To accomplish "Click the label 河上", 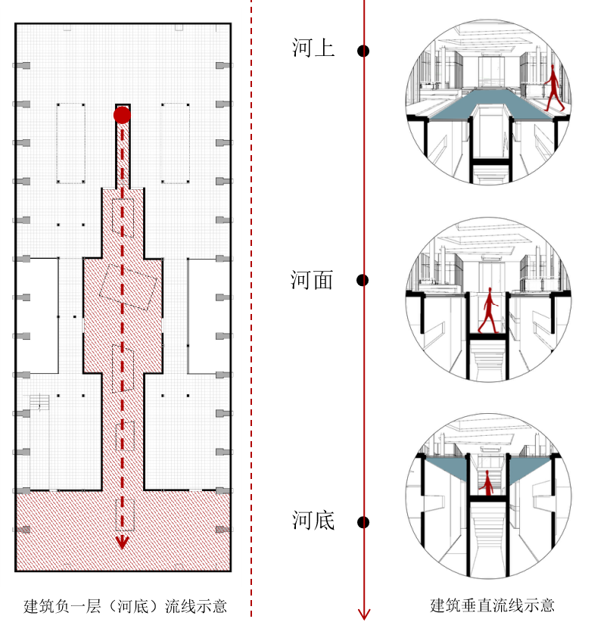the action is tap(313, 48).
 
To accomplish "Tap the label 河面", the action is tap(312, 280).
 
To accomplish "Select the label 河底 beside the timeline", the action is tap(313, 520).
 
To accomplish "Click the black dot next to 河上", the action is tap(363, 51).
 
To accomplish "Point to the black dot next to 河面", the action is tap(363, 280).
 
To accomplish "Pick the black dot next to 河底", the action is tap(363, 522).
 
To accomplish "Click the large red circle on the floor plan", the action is tap(122, 115).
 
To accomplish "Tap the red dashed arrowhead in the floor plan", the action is tap(122, 543).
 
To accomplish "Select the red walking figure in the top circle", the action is tap(553, 88).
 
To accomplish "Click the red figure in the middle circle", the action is tap(489, 310).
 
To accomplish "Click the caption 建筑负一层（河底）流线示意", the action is tap(125, 606).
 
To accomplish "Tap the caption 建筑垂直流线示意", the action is tap(492, 605).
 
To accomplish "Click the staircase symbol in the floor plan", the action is tap(39, 403).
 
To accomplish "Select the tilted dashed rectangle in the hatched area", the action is tap(128, 287).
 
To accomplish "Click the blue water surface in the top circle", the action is tap(491, 104).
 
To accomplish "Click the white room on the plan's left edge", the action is tap(37, 316).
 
